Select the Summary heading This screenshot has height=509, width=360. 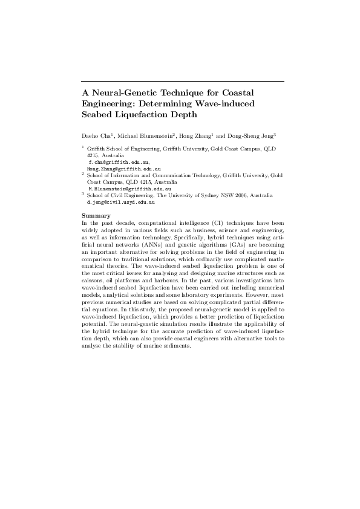96,215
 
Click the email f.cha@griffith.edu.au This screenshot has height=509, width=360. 116,163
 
